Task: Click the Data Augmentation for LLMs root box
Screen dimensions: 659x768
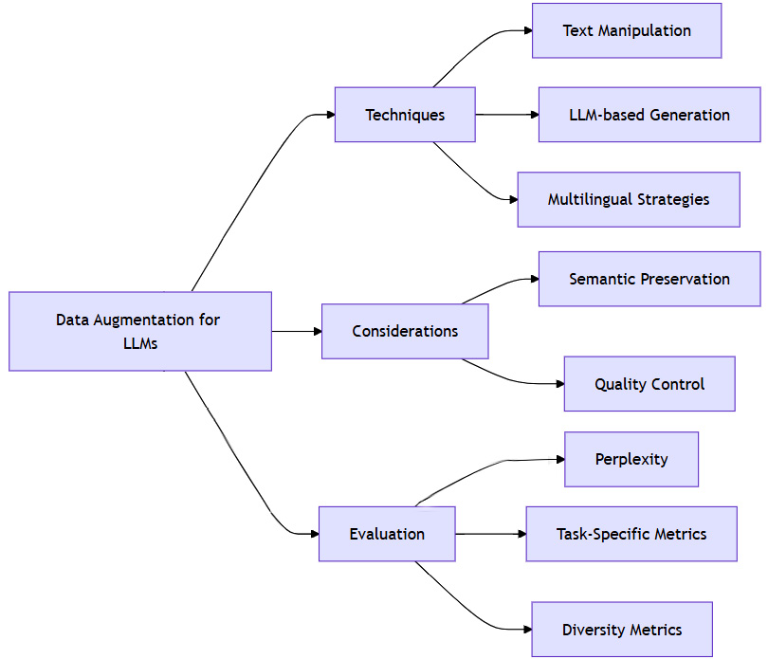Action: point(140,331)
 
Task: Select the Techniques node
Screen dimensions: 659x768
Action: point(405,115)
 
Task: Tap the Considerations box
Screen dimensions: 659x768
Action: point(405,331)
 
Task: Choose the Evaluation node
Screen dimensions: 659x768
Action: point(387,534)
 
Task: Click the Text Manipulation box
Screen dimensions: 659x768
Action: point(627,30)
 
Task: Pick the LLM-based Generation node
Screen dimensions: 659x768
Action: point(649,115)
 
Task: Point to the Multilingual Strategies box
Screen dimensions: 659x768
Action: point(629,199)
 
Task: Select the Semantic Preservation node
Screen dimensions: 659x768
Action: point(649,279)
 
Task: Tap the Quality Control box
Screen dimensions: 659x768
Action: point(649,384)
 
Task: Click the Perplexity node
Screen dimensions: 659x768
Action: point(631,459)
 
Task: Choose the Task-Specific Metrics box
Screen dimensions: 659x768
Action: point(631,534)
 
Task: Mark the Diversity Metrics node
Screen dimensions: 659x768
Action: point(622,630)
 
